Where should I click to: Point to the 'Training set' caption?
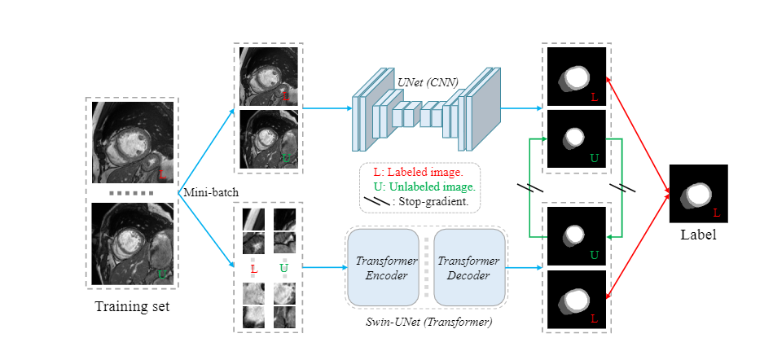coord(132,306)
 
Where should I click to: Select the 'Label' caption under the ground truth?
coord(698,235)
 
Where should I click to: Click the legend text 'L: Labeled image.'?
coord(417,172)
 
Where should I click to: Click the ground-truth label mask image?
coord(698,193)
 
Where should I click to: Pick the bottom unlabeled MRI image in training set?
coord(132,244)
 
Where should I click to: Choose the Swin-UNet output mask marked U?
coord(577,236)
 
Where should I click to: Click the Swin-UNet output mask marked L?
coord(577,299)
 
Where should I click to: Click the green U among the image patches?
coord(284,268)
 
